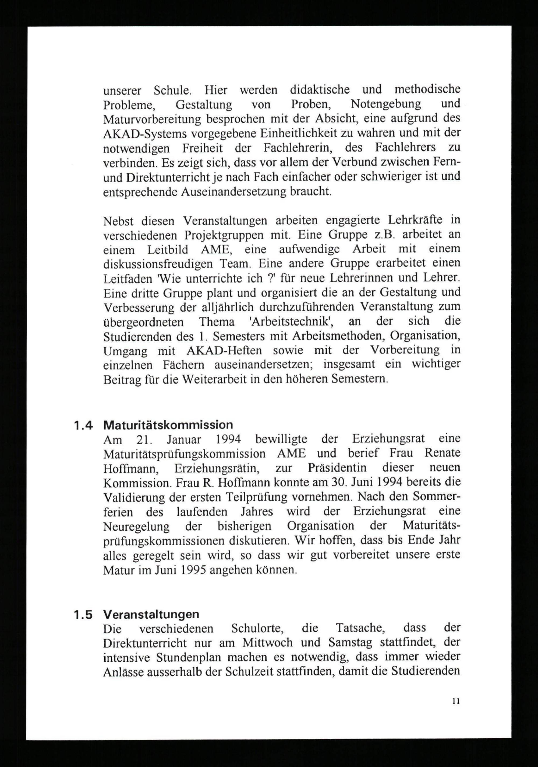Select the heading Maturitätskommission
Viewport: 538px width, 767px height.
point(168,425)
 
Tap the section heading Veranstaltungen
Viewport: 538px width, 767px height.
point(151,614)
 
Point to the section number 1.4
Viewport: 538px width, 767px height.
point(83,426)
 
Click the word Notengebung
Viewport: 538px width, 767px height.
point(386,104)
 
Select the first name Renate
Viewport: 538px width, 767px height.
point(443,453)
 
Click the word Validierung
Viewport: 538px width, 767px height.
point(134,498)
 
